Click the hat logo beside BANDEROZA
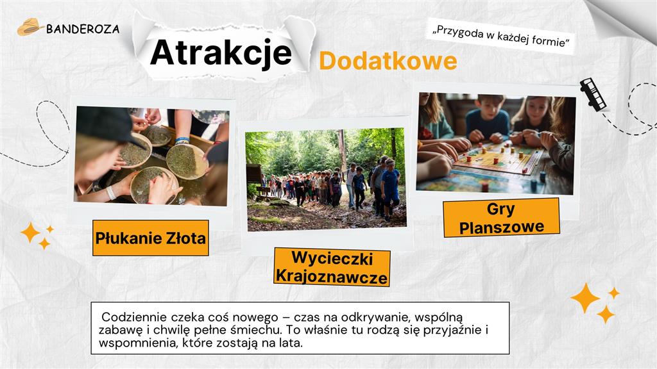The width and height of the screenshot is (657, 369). [30, 27]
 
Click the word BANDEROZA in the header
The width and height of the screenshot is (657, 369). [83, 29]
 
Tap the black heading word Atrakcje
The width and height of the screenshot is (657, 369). [221, 53]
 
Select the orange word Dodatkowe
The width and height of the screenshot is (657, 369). [388, 61]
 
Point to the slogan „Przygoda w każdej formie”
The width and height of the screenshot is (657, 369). [500, 37]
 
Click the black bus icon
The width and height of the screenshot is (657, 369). [593, 94]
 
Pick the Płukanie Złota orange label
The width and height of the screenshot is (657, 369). [150, 238]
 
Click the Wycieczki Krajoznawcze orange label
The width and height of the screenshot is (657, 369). [332, 267]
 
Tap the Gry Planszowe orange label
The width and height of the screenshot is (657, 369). [501, 218]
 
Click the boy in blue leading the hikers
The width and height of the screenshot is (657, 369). [391, 189]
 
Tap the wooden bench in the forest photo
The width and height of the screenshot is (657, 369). [263, 192]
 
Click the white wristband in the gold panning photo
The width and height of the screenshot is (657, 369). [110, 192]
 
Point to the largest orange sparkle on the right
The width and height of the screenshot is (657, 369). [585, 298]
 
